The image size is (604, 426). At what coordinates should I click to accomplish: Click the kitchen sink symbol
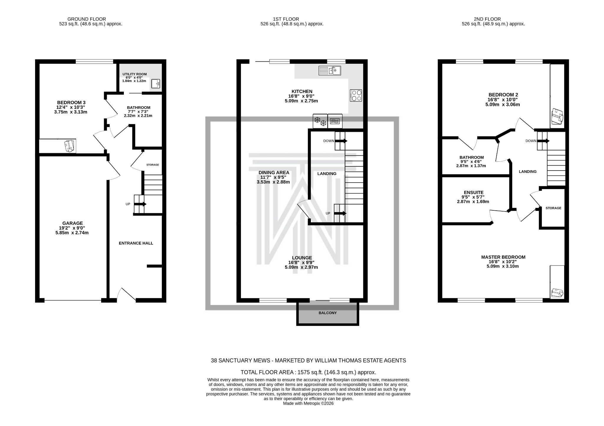(x=330, y=71)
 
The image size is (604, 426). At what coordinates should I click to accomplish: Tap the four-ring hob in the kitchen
(x=356, y=96)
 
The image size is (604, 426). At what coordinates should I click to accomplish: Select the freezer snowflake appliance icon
(x=320, y=121)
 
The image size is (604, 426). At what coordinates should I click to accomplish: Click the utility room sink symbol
(x=156, y=83)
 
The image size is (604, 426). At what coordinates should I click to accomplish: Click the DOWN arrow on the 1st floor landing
(x=341, y=141)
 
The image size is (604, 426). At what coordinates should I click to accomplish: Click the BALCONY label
(x=327, y=313)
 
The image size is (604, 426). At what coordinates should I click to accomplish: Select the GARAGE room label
(x=73, y=223)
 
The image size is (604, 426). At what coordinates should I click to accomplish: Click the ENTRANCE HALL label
(x=136, y=243)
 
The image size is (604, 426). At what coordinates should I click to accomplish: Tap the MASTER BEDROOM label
(x=503, y=257)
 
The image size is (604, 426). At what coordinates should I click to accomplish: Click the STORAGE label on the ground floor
(x=152, y=165)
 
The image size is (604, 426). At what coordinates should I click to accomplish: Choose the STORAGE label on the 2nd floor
(x=553, y=208)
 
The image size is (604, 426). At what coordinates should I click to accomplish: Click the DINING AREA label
(x=274, y=173)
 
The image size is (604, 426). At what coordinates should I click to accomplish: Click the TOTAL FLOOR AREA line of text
(x=308, y=372)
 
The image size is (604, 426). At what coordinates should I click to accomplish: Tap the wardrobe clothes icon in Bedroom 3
(x=69, y=146)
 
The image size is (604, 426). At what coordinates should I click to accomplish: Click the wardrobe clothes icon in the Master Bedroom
(x=557, y=293)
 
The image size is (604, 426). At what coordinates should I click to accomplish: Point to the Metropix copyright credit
(x=308, y=403)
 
